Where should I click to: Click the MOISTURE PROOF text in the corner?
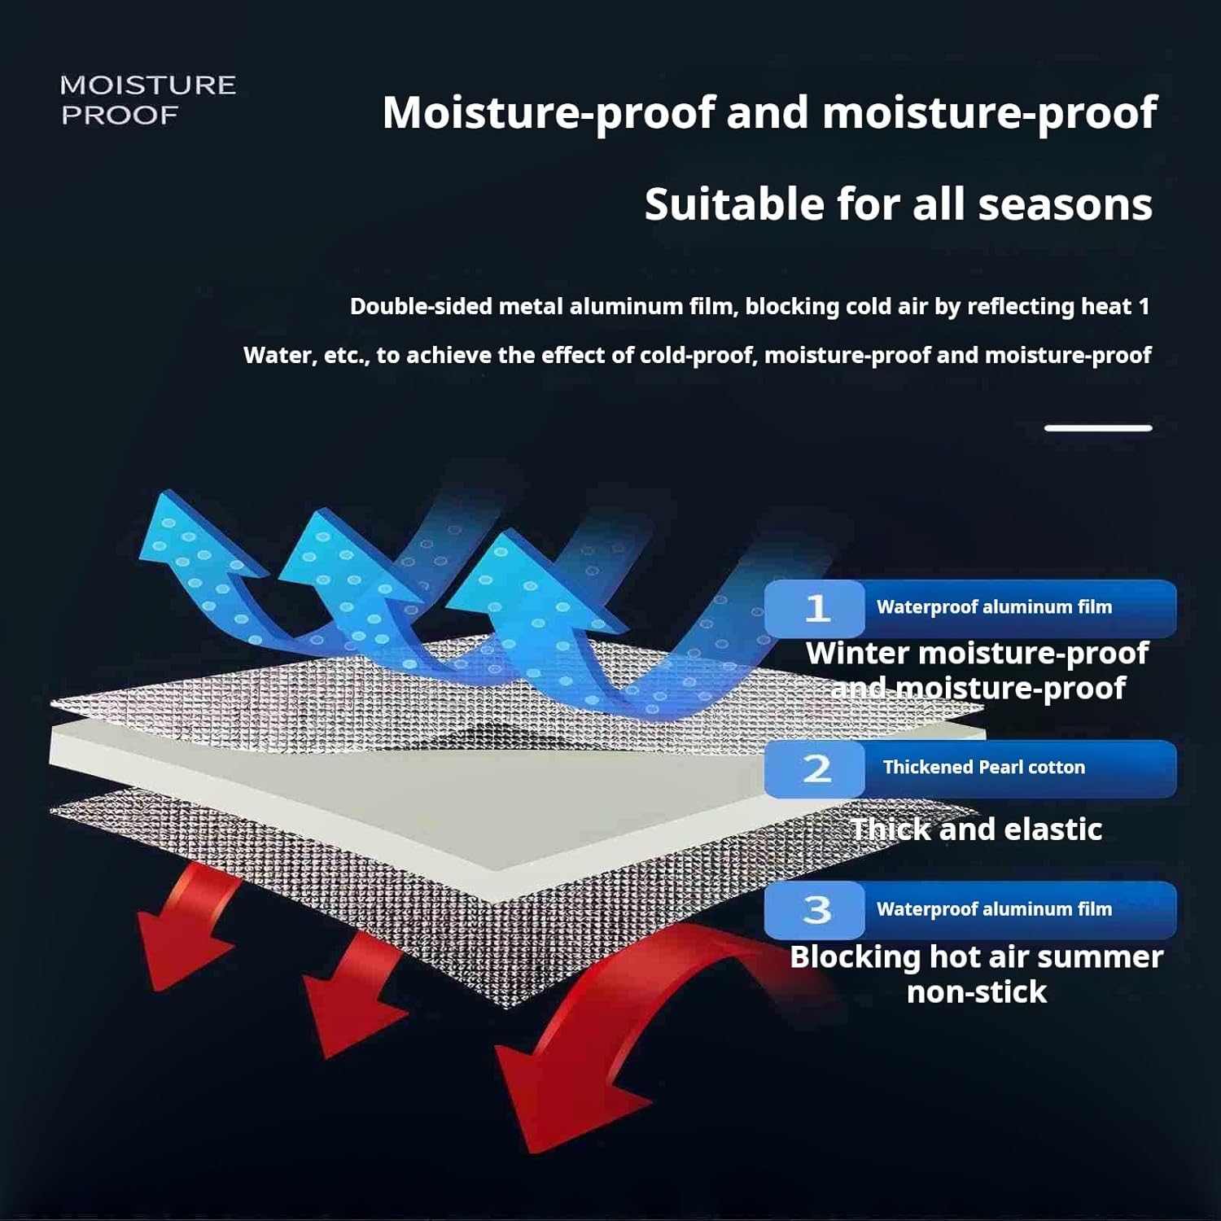pos(147,99)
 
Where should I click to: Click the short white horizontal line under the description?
pos(1098,427)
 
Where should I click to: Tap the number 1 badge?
pos(816,608)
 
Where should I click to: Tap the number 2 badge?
pos(816,768)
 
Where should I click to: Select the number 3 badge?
pos(816,909)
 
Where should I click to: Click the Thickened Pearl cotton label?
pos(983,767)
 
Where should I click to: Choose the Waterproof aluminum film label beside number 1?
pos(994,606)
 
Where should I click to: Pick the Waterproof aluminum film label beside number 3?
pos(994,908)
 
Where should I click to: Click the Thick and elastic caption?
pos(977,829)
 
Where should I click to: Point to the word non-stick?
pos(977,991)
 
